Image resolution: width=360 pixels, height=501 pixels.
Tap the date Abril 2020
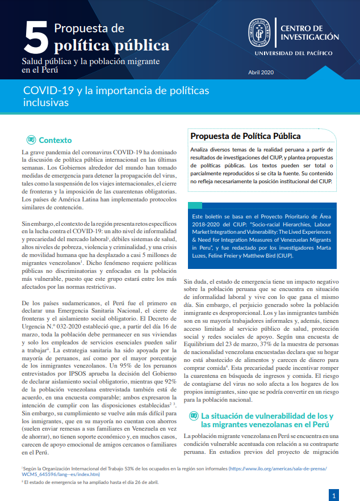261,72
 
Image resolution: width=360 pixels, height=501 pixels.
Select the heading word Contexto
55,140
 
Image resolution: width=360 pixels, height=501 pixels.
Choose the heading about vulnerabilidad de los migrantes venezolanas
267,420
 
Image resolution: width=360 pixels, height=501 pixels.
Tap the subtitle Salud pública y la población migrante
90,61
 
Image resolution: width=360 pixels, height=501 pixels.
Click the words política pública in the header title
111,45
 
